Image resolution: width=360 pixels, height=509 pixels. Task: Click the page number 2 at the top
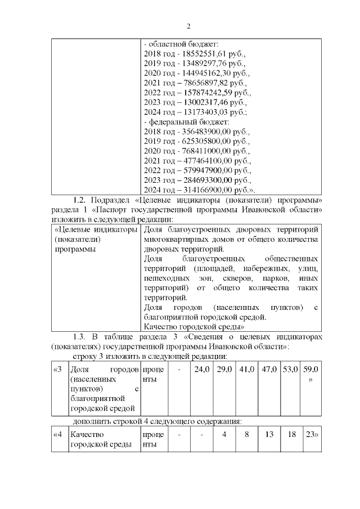coord(188,26)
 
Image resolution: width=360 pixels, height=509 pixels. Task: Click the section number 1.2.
coord(82,200)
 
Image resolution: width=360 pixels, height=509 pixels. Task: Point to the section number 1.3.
coord(82,336)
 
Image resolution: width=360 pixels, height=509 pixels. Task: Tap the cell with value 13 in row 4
coord(269,435)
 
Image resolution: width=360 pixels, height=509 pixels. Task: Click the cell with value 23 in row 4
coord(310,435)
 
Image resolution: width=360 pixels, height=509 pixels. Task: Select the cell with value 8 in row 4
coord(246,435)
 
